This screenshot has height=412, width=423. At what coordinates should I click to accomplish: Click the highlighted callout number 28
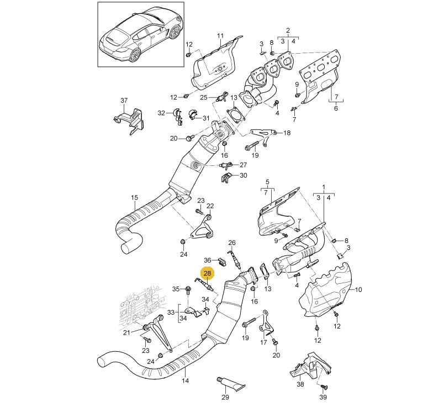pyautogui.click(x=208, y=273)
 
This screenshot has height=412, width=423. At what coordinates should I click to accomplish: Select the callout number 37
pyautogui.click(x=124, y=100)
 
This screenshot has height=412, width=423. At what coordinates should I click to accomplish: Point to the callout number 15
pyautogui.click(x=134, y=197)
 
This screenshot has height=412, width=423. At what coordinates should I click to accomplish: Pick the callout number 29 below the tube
pyautogui.click(x=225, y=397)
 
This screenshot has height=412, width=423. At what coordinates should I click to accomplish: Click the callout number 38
pyautogui.click(x=300, y=383)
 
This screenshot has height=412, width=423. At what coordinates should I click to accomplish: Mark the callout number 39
pyautogui.click(x=324, y=397)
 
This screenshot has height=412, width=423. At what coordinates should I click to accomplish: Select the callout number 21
pyautogui.click(x=126, y=332)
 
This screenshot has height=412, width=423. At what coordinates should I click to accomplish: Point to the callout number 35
pyautogui.click(x=176, y=289)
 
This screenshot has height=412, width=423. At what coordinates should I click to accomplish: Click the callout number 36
pyautogui.click(x=208, y=260)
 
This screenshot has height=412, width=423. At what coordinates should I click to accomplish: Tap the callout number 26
pyautogui.click(x=232, y=243)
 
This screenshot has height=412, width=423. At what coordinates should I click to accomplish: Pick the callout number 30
pyautogui.click(x=244, y=176)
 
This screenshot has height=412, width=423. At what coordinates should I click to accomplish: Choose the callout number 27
pyautogui.click(x=243, y=165)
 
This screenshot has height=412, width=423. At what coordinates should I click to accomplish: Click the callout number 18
pyautogui.click(x=287, y=133)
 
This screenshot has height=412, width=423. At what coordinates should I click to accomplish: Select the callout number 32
pyautogui.click(x=161, y=113)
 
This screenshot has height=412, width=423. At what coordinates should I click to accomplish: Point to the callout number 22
pyautogui.click(x=210, y=206)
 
